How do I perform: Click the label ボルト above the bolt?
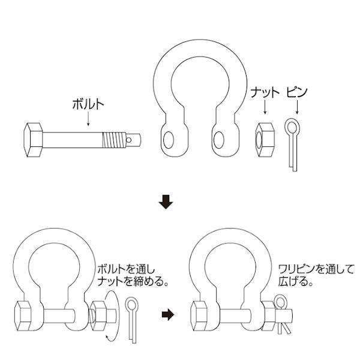pos(88,103)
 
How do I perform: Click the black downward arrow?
pos(166,203)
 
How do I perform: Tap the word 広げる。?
pos(296,280)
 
